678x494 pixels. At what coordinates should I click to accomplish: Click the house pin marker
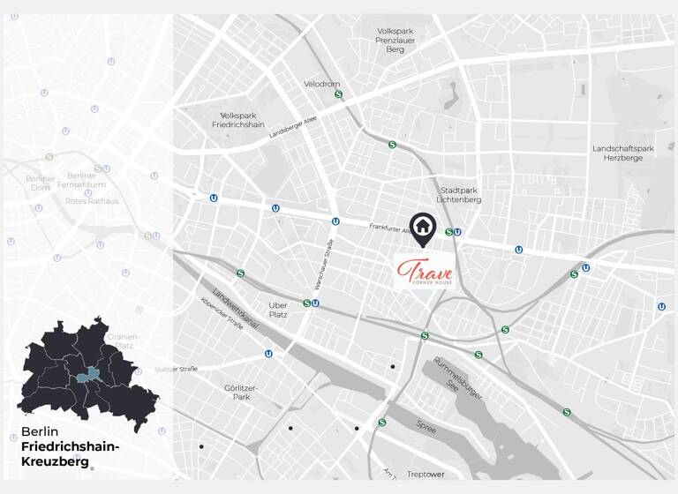tap(423, 228)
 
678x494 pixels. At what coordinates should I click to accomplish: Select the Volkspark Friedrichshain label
tap(243, 120)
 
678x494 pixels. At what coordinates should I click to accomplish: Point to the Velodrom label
tap(321, 84)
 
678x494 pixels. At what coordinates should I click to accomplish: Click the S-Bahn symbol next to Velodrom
tap(338, 94)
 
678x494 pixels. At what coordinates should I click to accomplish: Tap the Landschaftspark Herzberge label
tap(623, 153)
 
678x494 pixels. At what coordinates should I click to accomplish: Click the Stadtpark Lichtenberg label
tap(461, 194)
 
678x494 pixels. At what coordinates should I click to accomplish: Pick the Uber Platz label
tap(278, 310)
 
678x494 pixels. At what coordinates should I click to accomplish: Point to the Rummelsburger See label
tap(458, 379)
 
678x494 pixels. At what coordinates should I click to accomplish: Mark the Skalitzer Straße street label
tap(176, 369)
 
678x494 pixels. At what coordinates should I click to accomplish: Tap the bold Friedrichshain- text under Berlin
tap(70, 447)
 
